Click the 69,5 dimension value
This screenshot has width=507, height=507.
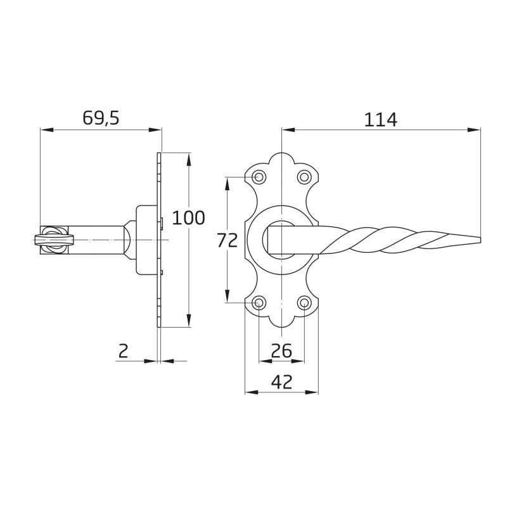pyautogui.click(x=101, y=118)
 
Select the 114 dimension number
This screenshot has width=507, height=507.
pyautogui.click(x=381, y=120)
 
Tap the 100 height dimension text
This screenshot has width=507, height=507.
pyautogui.click(x=188, y=217)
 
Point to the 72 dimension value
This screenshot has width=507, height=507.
pyautogui.click(x=227, y=240)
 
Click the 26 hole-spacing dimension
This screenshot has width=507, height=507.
pyautogui.click(x=281, y=350)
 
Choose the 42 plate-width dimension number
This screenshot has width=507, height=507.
pyautogui.click(x=281, y=382)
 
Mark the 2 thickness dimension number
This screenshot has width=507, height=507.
pyautogui.click(x=123, y=351)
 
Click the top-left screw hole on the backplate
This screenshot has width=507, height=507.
pyautogui.click(x=259, y=177)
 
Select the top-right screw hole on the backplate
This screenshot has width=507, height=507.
pyautogui.click(x=304, y=177)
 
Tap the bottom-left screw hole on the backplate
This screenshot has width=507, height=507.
pyautogui.click(x=259, y=303)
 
